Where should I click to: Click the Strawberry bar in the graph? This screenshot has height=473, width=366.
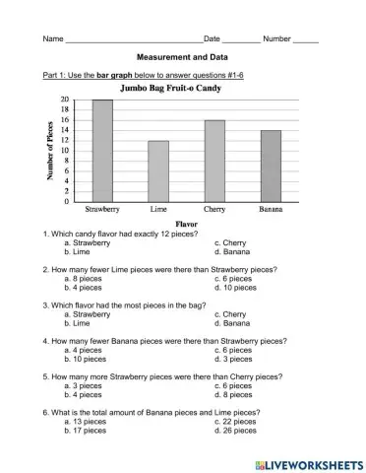101,151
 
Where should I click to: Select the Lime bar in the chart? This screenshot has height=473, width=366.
158,171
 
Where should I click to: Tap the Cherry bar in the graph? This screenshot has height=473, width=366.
214,161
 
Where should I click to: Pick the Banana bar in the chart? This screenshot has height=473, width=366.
271,166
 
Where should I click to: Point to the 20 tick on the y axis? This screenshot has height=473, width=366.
64,101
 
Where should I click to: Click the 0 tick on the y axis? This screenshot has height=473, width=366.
66,201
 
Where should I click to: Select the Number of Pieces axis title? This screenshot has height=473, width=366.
49,151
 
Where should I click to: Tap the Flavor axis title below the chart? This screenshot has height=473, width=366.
187,225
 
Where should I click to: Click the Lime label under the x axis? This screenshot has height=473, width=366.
158,210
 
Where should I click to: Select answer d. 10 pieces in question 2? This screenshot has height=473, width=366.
236,288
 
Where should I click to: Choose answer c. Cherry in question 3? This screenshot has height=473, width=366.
231,314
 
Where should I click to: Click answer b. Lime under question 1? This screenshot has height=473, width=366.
81,251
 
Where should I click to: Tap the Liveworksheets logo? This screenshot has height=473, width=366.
309,462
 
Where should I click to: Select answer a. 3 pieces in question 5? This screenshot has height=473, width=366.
85,385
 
